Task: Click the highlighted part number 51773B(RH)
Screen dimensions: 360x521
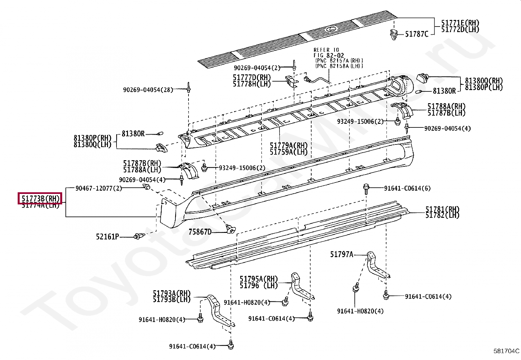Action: click(x=40, y=198)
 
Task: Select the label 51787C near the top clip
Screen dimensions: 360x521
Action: click(x=416, y=34)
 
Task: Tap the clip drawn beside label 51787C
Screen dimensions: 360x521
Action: click(x=394, y=33)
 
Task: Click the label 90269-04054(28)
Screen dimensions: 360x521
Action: click(x=148, y=89)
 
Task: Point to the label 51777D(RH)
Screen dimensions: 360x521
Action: click(x=252, y=77)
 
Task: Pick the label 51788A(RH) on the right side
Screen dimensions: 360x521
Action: click(x=446, y=106)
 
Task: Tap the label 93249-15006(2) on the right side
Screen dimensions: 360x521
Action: click(x=360, y=121)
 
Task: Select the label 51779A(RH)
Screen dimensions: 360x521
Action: click(x=288, y=145)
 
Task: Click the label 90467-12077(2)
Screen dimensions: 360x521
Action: click(x=99, y=188)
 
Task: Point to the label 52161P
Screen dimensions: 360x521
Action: click(x=108, y=236)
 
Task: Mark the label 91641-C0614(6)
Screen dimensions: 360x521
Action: click(x=407, y=188)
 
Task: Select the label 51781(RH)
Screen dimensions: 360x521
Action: click(x=442, y=209)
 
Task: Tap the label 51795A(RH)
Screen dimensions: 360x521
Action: click(x=259, y=279)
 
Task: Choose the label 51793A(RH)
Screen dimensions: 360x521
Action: click(x=171, y=293)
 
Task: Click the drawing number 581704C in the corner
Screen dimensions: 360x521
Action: click(x=506, y=351)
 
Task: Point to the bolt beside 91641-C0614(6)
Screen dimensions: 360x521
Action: click(x=366, y=188)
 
